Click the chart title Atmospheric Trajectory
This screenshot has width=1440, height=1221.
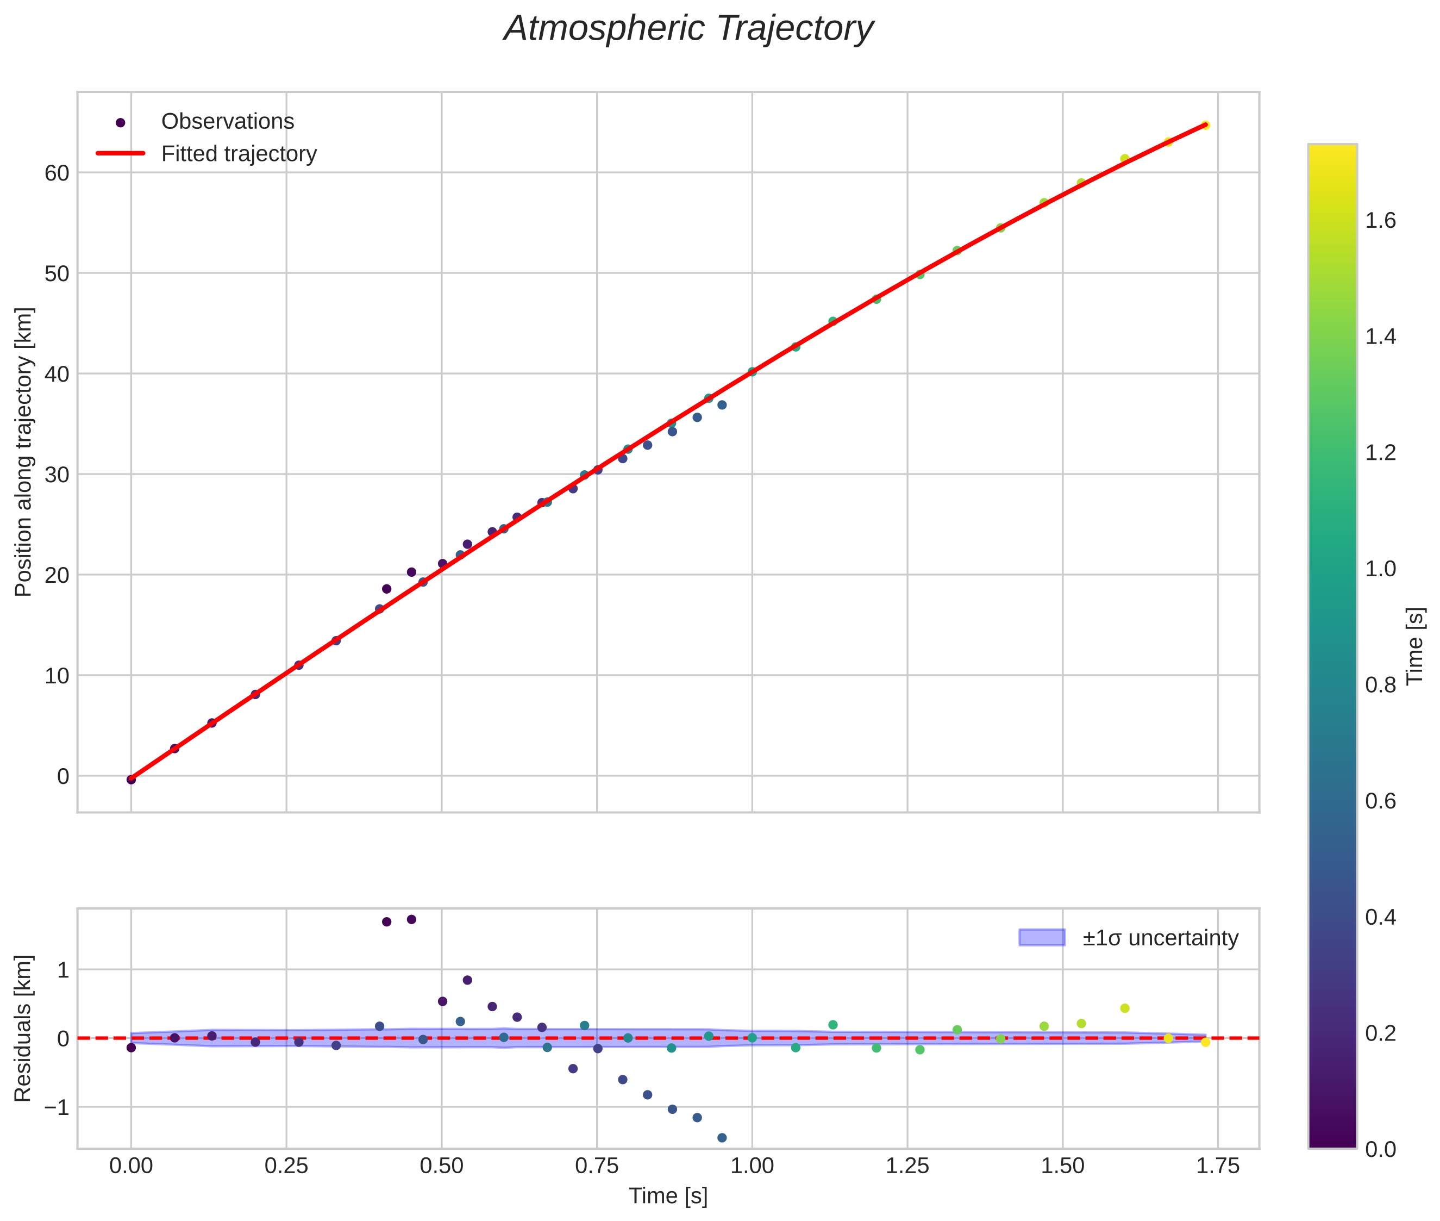[688, 29]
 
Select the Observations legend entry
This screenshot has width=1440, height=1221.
[227, 122]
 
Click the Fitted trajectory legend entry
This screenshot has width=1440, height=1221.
[239, 154]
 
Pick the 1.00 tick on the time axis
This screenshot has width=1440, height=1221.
[752, 1166]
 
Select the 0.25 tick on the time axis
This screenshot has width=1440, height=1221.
[286, 1166]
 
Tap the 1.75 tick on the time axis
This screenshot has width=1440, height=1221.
[1218, 1166]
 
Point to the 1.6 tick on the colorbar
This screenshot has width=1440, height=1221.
[1380, 221]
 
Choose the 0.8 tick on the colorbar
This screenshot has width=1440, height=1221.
[1380, 684]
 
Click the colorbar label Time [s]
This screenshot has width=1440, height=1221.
[1416, 646]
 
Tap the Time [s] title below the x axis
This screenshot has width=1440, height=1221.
[668, 1196]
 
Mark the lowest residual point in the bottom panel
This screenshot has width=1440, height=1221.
[722, 1138]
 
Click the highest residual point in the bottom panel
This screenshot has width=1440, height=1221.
[411, 920]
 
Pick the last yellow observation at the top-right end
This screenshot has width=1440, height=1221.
[1205, 125]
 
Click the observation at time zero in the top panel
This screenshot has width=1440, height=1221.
[131, 780]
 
